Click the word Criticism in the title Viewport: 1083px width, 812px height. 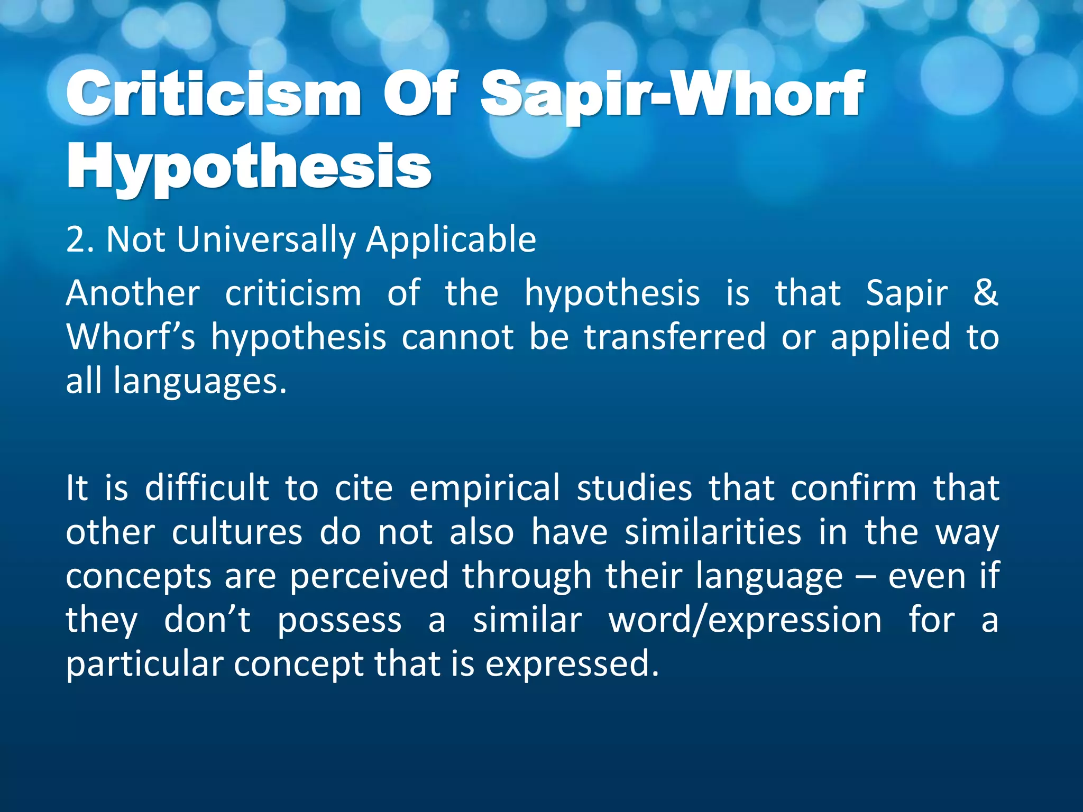click(x=214, y=95)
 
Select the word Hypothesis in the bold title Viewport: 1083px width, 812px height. click(x=249, y=168)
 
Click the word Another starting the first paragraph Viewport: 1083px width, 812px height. click(x=133, y=294)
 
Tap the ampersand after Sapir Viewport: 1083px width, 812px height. click(x=985, y=293)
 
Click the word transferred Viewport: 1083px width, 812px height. click(x=675, y=337)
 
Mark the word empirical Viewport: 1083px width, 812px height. click(x=484, y=488)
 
